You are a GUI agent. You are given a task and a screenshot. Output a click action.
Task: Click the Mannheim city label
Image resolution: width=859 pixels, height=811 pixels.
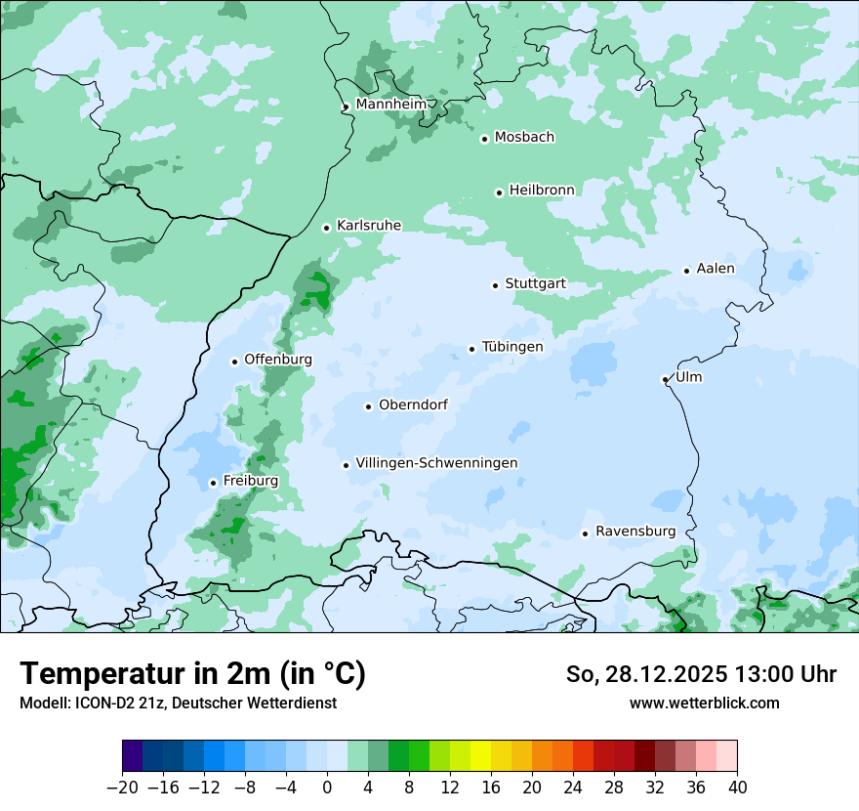(x=390, y=104)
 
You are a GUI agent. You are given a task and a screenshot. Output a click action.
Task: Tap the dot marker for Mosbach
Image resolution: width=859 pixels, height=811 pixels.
(x=484, y=139)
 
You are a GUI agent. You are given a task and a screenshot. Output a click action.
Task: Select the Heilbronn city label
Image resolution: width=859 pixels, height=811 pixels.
(x=542, y=190)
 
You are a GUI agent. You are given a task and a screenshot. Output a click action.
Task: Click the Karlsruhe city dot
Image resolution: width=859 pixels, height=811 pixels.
(x=327, y=228)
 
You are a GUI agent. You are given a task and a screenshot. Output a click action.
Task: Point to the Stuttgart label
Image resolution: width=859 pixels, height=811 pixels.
(x=535, y=284)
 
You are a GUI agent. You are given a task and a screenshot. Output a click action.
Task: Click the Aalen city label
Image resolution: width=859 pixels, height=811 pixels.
(x=716, y=269)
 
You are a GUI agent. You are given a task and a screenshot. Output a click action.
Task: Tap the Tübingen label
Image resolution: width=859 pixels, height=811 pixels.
(x=512, y=347)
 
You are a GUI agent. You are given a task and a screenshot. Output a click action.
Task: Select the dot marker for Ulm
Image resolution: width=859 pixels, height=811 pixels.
(x=666, y=379)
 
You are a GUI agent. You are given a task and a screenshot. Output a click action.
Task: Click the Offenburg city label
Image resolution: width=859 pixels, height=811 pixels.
(x=278, y=360)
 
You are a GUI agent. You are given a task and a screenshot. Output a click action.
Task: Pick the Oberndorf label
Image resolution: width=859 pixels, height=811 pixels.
(x=413, y=405)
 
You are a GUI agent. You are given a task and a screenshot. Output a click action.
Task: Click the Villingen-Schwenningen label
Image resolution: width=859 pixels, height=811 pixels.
(x=436, y=463)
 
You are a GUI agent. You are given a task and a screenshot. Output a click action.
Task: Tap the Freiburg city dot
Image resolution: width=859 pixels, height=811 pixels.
(x=213, y=483)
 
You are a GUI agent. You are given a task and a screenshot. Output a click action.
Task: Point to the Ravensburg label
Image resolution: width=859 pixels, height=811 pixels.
(x=635, y=532)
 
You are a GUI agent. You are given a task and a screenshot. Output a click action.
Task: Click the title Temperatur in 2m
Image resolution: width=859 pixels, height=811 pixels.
(x=192, y=673)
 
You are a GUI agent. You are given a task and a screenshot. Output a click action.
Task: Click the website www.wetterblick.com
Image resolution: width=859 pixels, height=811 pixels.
(x=704, y=703)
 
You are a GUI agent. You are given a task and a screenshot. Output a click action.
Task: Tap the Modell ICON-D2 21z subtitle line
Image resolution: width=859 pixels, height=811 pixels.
(x=178, y=703)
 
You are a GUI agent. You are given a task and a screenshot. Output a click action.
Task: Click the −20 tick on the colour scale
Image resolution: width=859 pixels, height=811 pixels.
(x=122, y=788)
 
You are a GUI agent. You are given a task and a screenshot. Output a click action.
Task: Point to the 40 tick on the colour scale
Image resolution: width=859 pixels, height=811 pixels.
(x=737, y=788)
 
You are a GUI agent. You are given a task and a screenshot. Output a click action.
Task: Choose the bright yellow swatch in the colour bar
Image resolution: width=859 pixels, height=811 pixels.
(x=481, y=756)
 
